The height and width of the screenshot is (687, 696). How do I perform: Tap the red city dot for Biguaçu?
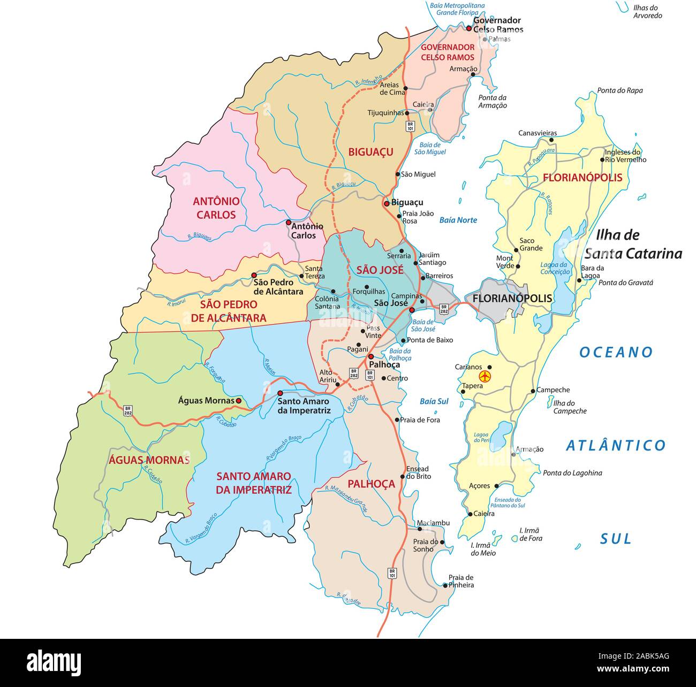(x=386, y=204)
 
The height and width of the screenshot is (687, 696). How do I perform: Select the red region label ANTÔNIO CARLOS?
(x=216, y=208)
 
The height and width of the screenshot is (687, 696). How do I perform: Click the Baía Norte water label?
(x=458, y=220)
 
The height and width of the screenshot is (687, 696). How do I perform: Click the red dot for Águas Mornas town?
(x=239, y=400)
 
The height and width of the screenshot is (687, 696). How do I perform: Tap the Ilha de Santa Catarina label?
(x=632, y=244)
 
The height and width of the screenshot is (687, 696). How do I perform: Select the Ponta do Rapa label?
(x=620, y=90)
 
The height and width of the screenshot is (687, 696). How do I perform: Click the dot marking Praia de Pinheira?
(x=445, y=585)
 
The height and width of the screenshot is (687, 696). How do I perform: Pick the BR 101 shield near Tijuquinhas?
(x=410, y=126)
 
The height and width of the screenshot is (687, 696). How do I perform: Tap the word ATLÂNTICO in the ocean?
(x=616, y=445)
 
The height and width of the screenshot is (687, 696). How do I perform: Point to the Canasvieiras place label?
(x=537, y=133)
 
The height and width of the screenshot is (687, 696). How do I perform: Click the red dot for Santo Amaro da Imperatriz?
(x=280, y=393)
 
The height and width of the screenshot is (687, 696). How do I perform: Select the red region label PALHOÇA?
(x=371, y=484)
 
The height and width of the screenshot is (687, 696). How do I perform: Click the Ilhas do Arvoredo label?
(x=647, y=12)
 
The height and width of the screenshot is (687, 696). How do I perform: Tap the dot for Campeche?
(x=533, y=391)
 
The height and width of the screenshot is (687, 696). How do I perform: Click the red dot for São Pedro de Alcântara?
(x=254, y=276)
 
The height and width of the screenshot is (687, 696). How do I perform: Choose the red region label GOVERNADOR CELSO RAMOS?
(x=448, y=52)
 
